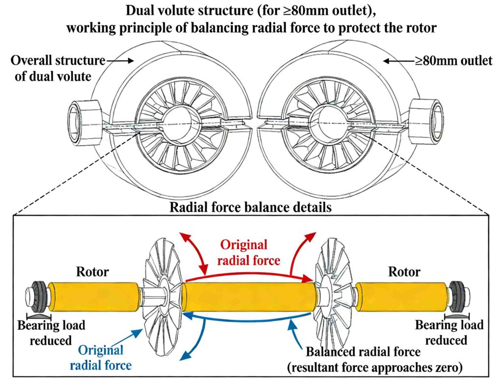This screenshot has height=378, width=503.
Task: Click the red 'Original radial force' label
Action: (x=250, y=252)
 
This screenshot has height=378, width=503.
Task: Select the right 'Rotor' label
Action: (x=404, y=271)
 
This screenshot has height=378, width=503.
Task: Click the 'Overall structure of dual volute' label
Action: (x=58, y=68)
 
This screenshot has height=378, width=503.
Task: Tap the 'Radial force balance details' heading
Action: (x=251, y=207)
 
